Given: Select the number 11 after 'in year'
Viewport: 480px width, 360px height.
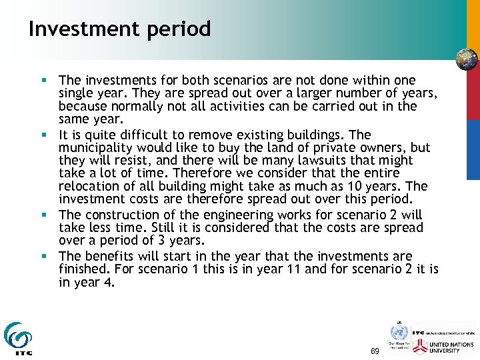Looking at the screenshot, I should [296, 269].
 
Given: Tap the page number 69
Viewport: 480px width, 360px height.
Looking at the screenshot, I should [374, 351].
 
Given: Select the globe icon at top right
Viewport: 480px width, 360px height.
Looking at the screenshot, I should [466, 59].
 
